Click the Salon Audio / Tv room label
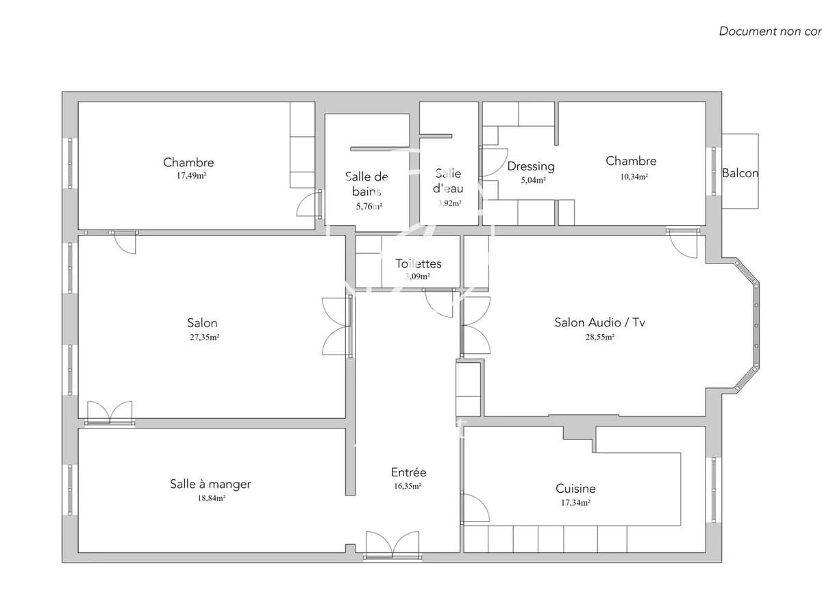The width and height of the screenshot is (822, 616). [x=599, y=322]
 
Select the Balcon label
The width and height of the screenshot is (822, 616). [x=740, y=173]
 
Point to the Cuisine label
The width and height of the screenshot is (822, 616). [x=575, y=489]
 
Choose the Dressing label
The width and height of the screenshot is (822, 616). [x=531, y=166]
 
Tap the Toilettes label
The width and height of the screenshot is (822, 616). [x=418, y=264]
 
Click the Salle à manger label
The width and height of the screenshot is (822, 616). [x=210, y=484]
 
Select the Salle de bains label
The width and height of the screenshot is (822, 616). [x=367, y=183]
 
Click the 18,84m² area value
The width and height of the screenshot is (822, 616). [x=211, y=498]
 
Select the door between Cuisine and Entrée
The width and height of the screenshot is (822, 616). [x=475, y=508]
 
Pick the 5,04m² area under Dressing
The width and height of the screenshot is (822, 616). [x=532, y=180]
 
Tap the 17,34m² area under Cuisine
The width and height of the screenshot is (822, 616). [x=575, y=502]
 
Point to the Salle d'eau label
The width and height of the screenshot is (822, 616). [x=449, y=181]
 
